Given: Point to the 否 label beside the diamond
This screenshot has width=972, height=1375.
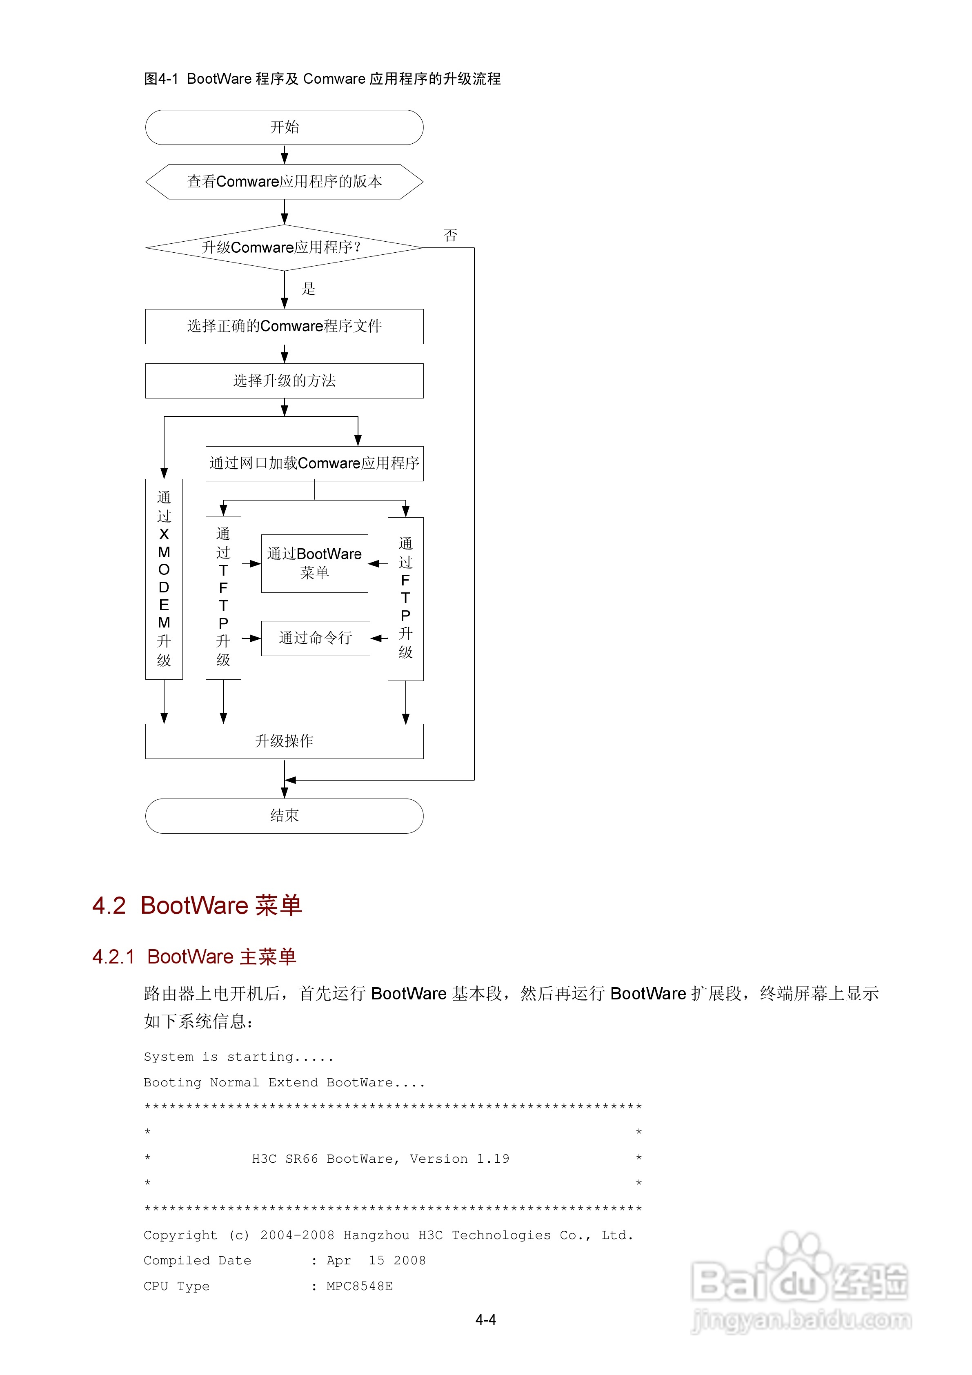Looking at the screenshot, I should pyautogui.click(x=450, y=235).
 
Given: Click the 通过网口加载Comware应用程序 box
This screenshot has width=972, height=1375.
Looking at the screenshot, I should pyautogui.click(x=314, y=463).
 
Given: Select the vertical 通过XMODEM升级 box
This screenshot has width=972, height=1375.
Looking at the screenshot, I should pyautogui.click(x=164, y=579).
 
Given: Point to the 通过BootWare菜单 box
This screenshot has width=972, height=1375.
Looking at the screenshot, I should pyautogui.click(x=314, y=563).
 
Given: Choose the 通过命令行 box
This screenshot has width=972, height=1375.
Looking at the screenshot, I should pyautogui.click(x=316, y=639).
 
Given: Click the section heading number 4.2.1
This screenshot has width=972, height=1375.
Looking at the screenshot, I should pyautogui.click(x=113, y=957).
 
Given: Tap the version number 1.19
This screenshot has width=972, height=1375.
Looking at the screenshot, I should pyautogui.click(x=493, y=1159).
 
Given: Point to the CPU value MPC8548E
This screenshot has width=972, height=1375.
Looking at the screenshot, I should pyautogui.click(x=359, y=1286).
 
